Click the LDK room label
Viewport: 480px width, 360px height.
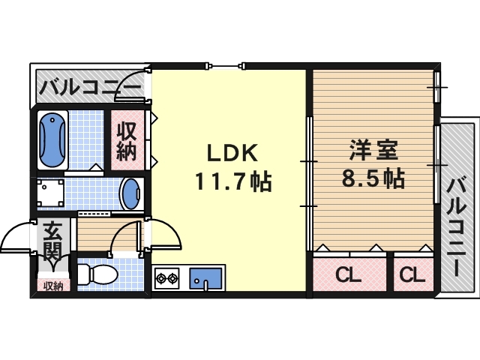click(x=232, y=154)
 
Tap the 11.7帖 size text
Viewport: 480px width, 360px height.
click(x=232, y=181)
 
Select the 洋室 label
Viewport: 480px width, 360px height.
click(x=373, y=151)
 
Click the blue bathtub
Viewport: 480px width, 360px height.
click(x=52, y=139)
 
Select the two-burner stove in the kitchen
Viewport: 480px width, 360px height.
click(x=166, y=280)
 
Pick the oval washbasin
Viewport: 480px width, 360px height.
click(x=130, y=195)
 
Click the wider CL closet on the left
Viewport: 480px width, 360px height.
click(x=349, y=274)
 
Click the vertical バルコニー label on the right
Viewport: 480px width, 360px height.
click(x=457, y=221)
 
